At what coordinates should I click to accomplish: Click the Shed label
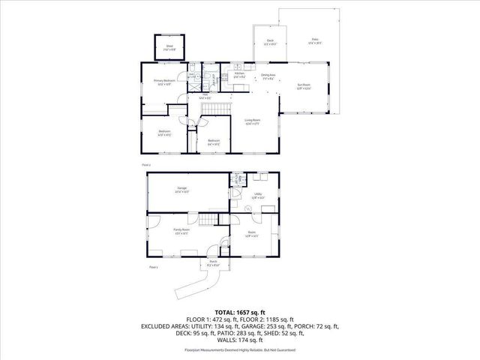pyautogui.click(x=169, y=46)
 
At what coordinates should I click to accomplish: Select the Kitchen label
pyautogui.click(x=239, y=75)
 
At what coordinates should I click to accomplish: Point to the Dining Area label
pyautogui.click(x=268, y=76)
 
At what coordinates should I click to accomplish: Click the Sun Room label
pyautogui.click(x=303, y=87)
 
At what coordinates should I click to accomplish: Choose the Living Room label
pyautogui.click(x=252, y=121)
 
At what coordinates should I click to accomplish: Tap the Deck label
pyautogui.click(x=270, y=42)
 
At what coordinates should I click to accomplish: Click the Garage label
pyautogui.click(x=181, y=189)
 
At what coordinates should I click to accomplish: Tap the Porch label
pyautogui.click(x=213, y=263)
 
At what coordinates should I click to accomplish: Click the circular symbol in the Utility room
pyautogui.click(x=248, y=208)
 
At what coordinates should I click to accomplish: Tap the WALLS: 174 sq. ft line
pyautogui.click(x=240, y=341)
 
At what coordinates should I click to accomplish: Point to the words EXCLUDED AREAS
pyautogui.click(x=163, y=326)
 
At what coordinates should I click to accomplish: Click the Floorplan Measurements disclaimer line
pyautogui.click(x=240, y=350)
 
